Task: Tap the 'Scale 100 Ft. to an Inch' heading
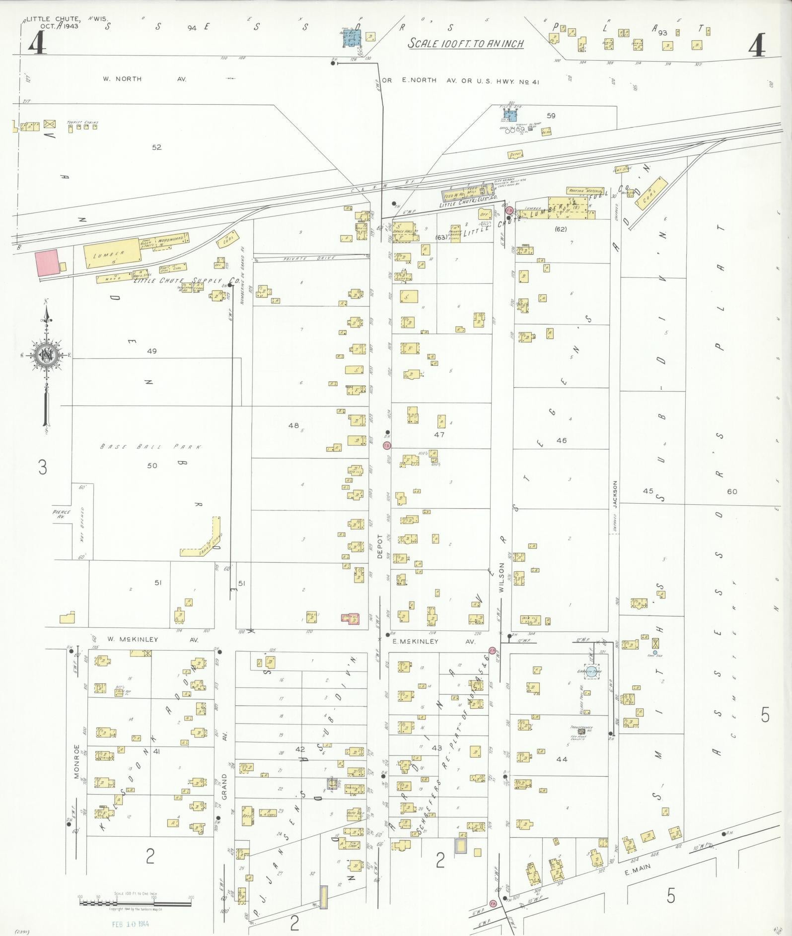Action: click(466, 44)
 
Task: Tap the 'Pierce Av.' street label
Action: click(62, 514)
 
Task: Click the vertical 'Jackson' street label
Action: click(615, 494)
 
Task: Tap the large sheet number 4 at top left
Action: click(37, 44)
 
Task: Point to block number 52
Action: click(157, 147)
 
